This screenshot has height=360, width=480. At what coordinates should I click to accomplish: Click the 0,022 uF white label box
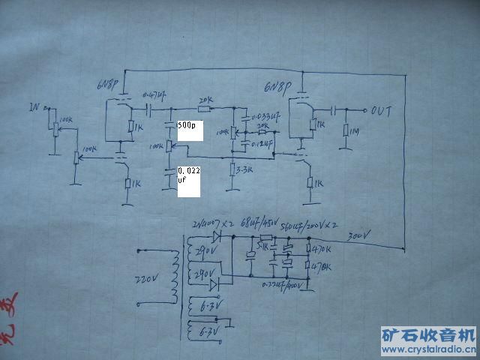[189, 181]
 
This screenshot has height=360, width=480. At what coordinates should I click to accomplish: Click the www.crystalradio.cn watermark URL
[428, 349]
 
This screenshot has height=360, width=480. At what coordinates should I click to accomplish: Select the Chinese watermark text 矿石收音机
[428, 334]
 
